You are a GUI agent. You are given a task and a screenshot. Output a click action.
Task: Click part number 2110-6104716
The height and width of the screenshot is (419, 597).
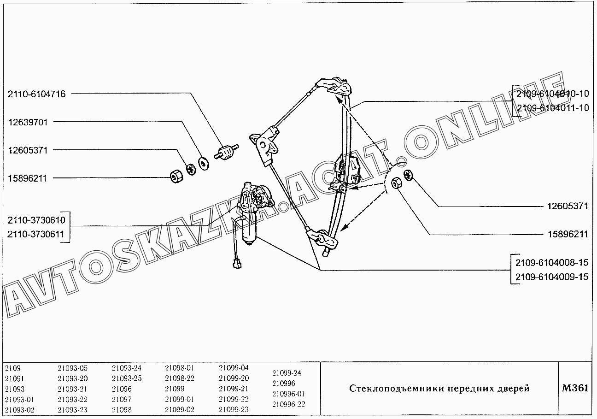click(x=36, y=94)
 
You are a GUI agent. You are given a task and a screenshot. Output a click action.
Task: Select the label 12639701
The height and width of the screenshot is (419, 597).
click(x=28, y=123)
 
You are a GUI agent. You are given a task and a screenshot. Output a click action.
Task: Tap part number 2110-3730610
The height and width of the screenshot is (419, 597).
click(x=36, y=220)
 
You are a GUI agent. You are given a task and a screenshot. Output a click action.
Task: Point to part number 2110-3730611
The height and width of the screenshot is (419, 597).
click(x=36, y=234)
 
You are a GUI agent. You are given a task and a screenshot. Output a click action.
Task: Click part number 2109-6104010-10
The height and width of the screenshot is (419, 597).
click(x=552, y=94)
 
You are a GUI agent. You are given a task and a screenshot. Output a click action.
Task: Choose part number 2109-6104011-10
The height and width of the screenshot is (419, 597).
click(x=553, y=108)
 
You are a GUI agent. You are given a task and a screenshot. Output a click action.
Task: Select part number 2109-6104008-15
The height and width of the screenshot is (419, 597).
click(x=552, y=263)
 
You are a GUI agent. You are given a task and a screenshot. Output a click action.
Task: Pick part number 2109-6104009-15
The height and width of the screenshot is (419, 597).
click(x=552, y=277)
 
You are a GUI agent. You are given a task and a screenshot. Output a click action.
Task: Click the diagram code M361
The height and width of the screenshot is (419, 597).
click(x=575, y=388)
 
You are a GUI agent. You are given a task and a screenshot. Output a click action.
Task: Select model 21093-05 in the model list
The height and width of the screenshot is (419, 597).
click(x=72, y=368)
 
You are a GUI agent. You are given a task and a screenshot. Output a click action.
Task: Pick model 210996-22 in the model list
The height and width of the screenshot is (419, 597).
click(x=288, y=404)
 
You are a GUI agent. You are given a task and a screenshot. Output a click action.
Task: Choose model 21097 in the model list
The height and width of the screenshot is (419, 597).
click(x=122, y=399)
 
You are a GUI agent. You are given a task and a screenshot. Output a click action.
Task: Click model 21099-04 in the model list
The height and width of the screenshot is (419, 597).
click(x=234, y=368)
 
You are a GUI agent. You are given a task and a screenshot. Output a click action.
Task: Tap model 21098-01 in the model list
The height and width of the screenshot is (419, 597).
click(x=179, y=368)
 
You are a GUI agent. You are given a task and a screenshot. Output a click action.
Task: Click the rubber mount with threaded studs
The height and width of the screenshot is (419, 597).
click(x=227, y=152)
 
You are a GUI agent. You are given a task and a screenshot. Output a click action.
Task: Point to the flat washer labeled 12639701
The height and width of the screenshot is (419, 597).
click(x=204, y=164)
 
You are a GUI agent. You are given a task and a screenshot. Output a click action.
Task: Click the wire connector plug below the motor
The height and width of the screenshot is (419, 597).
click(x=237, y=264)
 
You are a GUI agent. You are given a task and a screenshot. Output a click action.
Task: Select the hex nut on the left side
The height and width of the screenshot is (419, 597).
click(x=176, y=177)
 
